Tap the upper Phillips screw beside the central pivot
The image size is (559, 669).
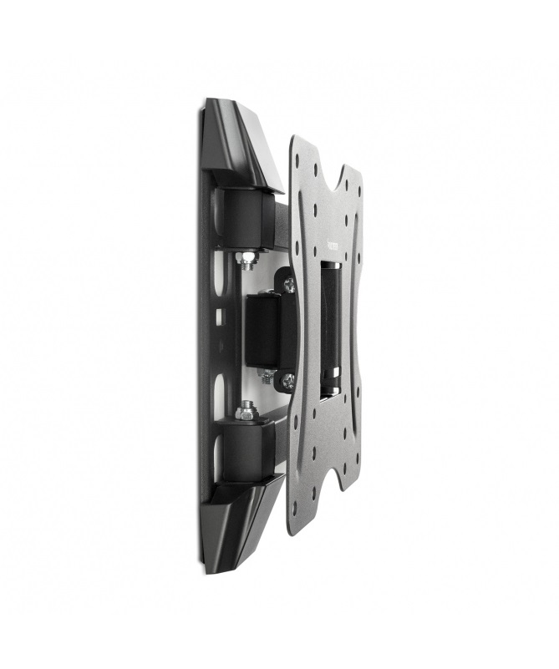pyautogui.click(x=289, y=286)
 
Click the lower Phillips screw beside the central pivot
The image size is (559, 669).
pyautogui.click(x=288, y=381)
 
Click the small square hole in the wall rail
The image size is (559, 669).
pyautogui.click(x=220, y=316)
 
